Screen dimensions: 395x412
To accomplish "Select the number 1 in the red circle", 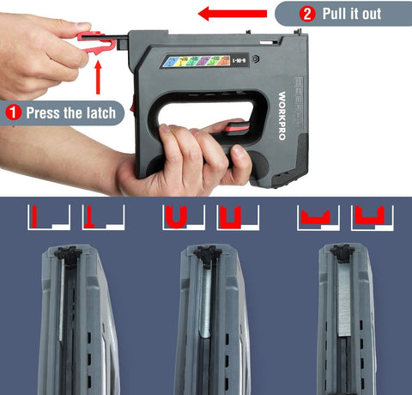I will (x=13, y=112).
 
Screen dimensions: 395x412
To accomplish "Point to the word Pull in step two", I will (x=338, y=14).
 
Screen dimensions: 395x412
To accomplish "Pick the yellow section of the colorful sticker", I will (x=191, y=63).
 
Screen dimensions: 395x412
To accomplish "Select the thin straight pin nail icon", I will (x=39, y=218).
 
